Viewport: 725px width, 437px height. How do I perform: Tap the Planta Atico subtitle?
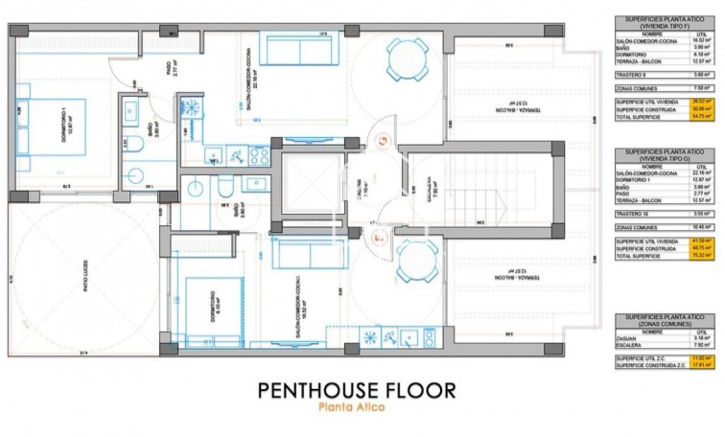tap(356, 410)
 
